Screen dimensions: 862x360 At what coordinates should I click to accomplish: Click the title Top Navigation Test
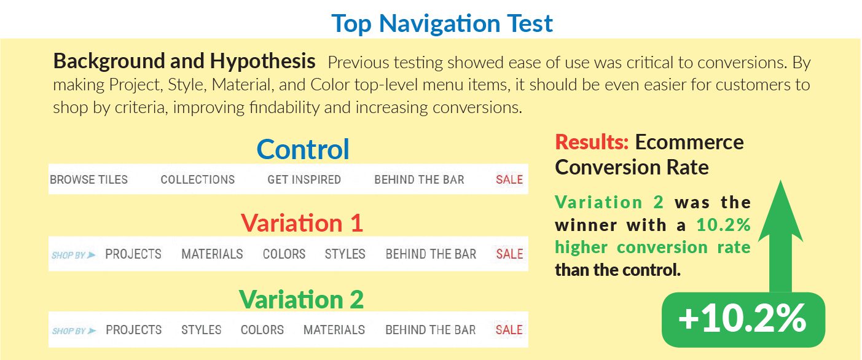(x=442, y=24)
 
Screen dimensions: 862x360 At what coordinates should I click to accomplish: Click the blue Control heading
(x=303, y=149)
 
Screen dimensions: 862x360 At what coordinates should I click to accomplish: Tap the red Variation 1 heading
(x=302, y=223)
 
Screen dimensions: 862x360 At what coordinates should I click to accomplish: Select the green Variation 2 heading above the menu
(x=301, y=299)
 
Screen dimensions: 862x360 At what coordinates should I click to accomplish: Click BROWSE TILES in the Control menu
(x=88, y=179)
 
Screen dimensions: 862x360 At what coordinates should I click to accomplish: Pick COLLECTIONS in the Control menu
(x=197, y=179)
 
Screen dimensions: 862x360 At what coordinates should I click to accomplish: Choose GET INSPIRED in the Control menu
(x=304, y=179)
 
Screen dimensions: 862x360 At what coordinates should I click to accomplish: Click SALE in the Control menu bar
(x=509, y=179)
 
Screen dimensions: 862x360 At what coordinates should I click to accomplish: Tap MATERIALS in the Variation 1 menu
(x=212, y=254)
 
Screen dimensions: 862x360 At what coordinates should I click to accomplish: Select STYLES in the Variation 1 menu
(x=345, y=254)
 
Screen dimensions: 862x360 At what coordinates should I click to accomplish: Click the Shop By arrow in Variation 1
(x=91, y=254)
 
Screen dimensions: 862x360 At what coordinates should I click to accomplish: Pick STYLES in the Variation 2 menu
(x=202, y=330)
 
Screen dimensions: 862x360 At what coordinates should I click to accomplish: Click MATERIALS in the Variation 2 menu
(x=334, y=330)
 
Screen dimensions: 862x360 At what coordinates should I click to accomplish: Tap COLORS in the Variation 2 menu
(x=262, y=330)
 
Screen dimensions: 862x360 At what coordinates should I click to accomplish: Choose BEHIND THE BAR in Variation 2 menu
(x=431, y=330)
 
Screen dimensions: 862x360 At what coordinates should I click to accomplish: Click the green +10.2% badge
(x=743, y=319)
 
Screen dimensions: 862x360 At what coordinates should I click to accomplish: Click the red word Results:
(x=592, y=143)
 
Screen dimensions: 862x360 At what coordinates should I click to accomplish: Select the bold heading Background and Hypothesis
(x=184, y=61)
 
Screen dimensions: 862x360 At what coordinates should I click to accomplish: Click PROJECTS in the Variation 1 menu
(x=133, y=254)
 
